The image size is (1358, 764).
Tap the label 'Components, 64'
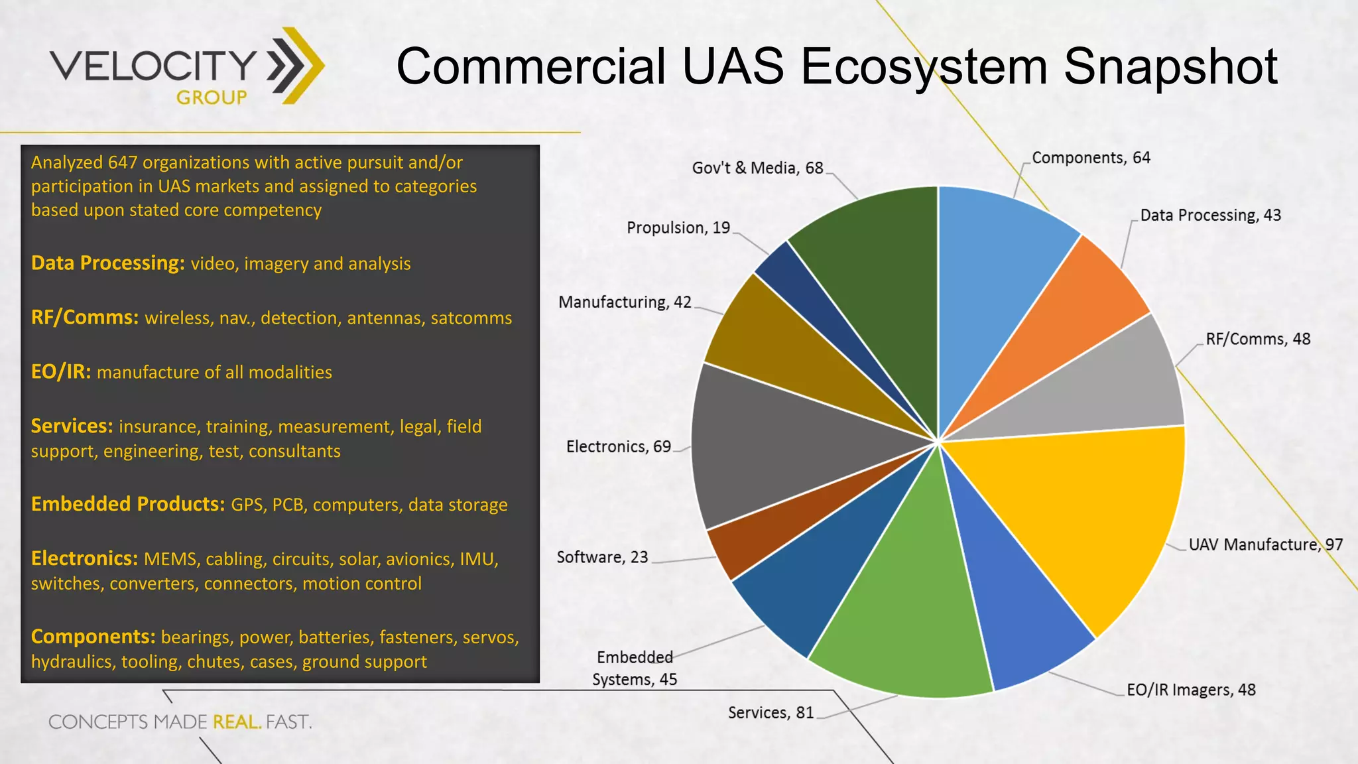click(1091, 158)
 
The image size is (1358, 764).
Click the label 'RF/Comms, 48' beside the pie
click(1257, 339)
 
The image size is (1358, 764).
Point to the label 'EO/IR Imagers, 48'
click(1191, 690)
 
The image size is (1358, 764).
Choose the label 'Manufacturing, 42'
click(625, 302)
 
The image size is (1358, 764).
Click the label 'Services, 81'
click(771, 713)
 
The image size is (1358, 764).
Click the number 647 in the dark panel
click(122, 162)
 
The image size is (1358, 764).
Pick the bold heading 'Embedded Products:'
click(128, 504)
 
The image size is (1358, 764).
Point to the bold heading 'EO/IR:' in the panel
click(61, 371)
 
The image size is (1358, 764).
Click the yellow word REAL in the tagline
click(236, 722)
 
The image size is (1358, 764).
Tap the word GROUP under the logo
click(212, 97)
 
